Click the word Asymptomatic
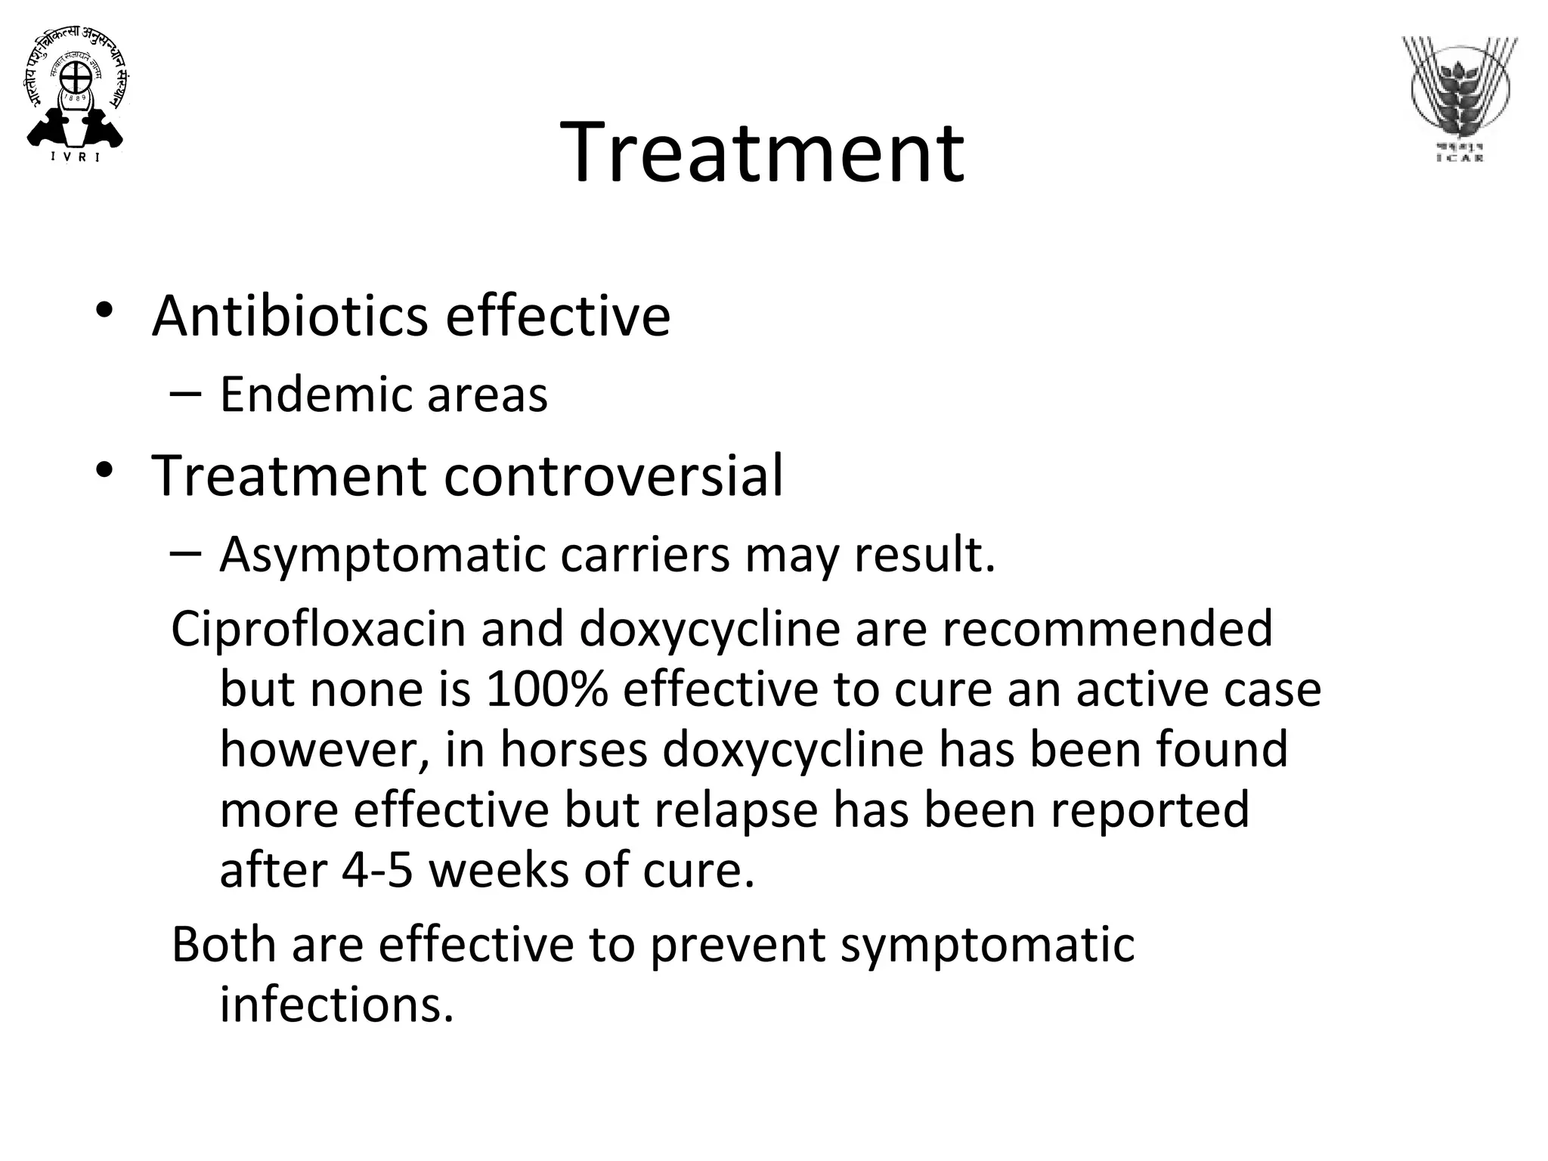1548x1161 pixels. tap(382, 556)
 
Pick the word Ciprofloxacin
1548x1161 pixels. tap(318, 629)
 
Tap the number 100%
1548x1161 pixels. tap(546, 689)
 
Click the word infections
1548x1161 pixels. tap(336, 1005)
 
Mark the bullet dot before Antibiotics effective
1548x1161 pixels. tap(104, 311)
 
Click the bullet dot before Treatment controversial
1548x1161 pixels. tap(104, 471)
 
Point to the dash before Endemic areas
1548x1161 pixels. tap(185, 393)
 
